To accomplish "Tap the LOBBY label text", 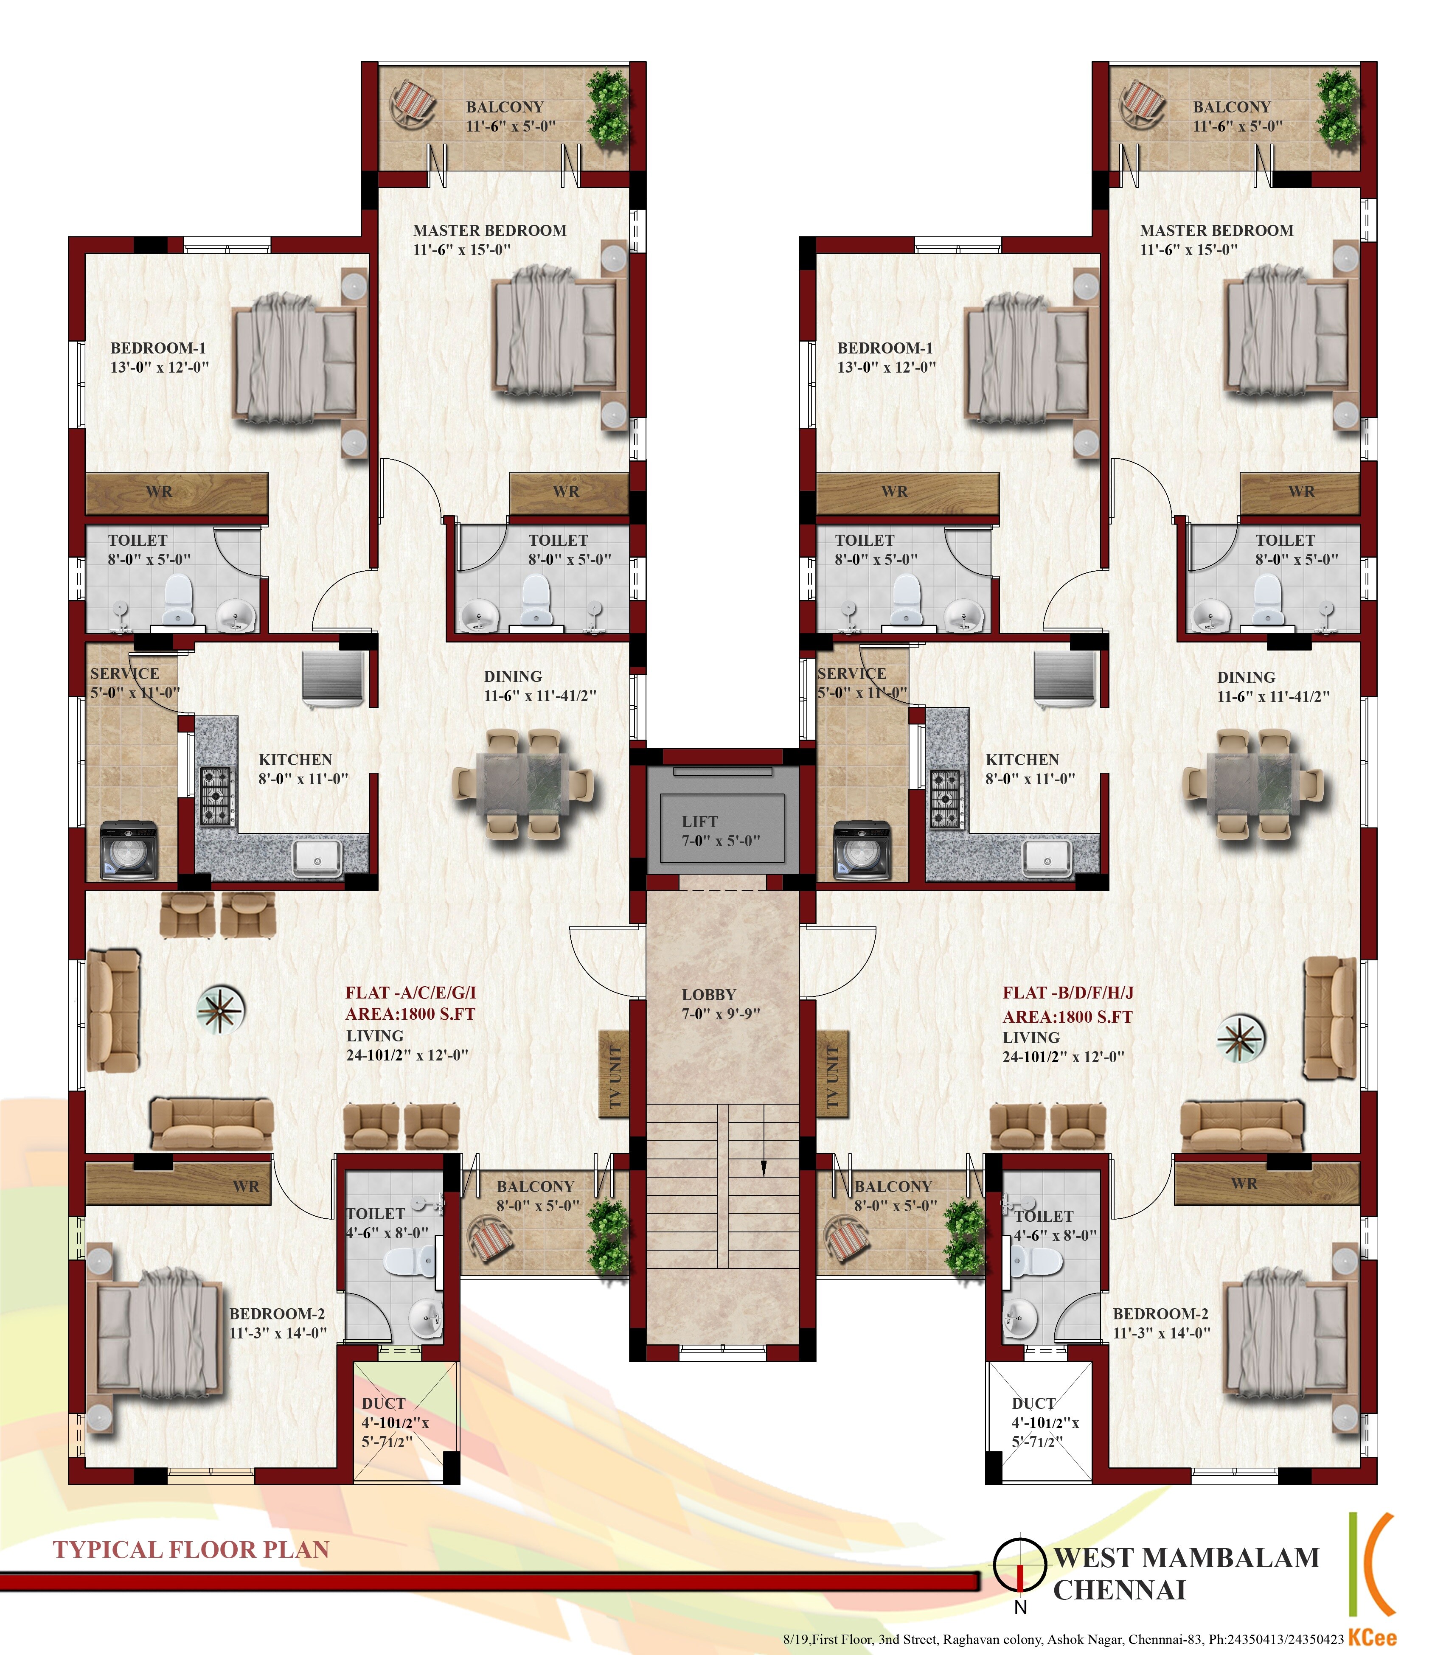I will (708, 995).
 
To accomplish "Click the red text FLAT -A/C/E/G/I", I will (411, 993).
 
